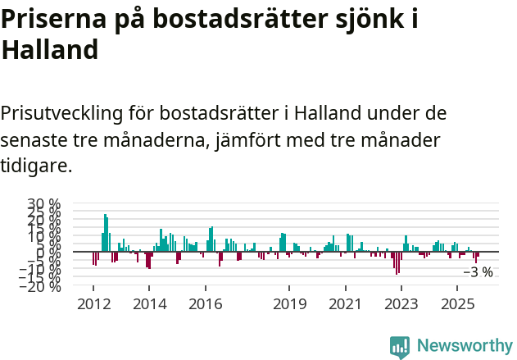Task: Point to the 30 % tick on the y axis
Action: coord(43,204)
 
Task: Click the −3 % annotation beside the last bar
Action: coord(478,272)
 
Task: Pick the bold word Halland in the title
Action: coord(50,51)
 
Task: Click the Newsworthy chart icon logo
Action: coord(400,347)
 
